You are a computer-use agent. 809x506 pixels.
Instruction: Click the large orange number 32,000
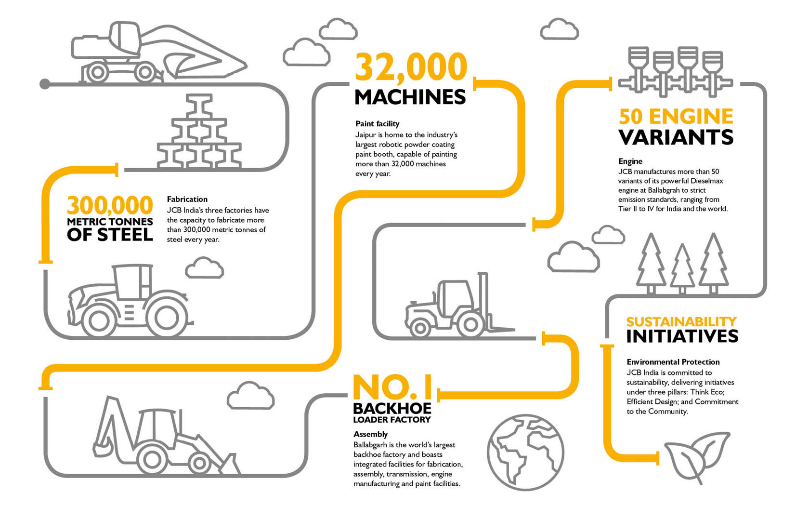(x=411, y=67)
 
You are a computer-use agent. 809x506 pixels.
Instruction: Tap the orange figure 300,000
(x=110, y=206)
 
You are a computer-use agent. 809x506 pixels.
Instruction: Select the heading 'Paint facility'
(x=377, y=124)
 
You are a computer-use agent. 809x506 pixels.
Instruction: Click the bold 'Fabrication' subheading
(x=187, y=199)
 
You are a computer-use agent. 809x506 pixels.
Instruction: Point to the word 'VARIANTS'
(x=676, y=137)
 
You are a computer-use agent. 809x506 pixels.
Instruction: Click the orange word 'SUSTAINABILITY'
(x=681, y=321)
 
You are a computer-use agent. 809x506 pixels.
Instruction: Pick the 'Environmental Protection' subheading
(x=673, y=362)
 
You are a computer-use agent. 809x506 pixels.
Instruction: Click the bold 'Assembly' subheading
(x=370, y=434)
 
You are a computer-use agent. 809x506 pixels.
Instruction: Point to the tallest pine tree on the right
(x=713, y=263)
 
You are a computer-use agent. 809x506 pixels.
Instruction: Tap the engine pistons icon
(x=675, y=70)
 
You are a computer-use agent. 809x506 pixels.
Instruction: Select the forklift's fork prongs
(x=501, y=329)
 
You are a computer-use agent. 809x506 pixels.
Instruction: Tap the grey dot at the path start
(x=45, y=84)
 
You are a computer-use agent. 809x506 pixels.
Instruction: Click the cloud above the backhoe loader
(x=250, y=396)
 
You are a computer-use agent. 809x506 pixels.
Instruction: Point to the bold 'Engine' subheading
(x=630, y=161)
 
